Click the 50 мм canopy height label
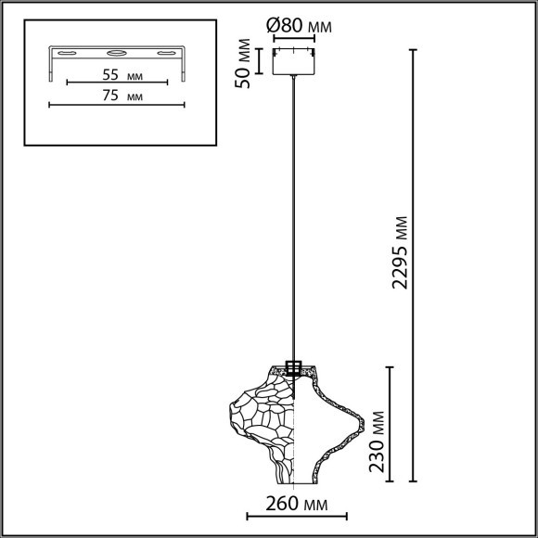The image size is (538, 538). (x=244, y=63)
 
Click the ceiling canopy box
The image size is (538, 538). (x=294, y=60)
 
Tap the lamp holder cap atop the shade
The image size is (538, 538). (x=295, y=366)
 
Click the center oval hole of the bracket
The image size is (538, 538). (x=115, y=53)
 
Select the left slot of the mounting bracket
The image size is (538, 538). (x=68, y=55)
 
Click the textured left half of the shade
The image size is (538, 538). (x=264, y=422)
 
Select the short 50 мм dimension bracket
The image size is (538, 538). (x=262, y=60)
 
